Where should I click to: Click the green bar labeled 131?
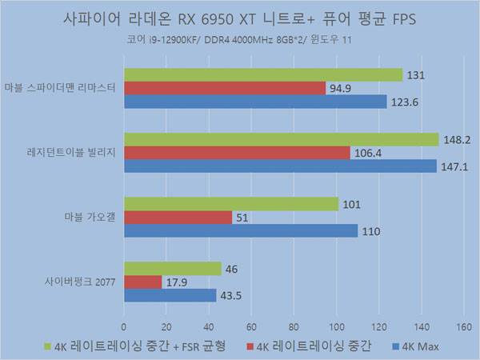coord(262,74)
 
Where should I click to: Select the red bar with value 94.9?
coord(224,88)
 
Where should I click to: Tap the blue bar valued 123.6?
coord(254,102)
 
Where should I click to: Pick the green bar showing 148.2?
coord(281,139)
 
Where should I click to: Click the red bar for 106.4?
coord(236,153)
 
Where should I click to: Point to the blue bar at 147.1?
coord(280,166)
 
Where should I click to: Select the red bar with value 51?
coord(178,217)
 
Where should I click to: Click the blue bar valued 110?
coord(240,230)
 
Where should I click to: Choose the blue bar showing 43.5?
coord(170,295)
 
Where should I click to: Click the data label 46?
coord(232,268)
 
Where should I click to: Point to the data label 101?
coord(351,203)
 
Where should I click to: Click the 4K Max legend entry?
coord(420,346)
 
